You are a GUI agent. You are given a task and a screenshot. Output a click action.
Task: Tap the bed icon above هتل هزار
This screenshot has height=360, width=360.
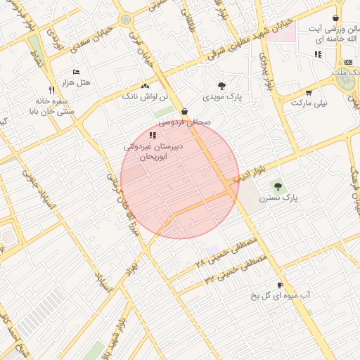[x=77, y=72]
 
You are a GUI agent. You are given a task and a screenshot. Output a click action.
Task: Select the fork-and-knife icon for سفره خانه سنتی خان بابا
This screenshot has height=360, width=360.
[x=51, y=90]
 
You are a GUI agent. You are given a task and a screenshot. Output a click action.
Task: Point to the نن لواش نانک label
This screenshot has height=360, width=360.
[x=146, y=95]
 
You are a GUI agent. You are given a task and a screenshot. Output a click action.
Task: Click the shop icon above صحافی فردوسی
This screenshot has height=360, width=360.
[x=184, y=111]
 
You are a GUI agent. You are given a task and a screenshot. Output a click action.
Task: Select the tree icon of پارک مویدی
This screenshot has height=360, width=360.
[x=223, y=84]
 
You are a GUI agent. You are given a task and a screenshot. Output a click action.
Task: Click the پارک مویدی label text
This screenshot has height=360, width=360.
[x=223, y=95]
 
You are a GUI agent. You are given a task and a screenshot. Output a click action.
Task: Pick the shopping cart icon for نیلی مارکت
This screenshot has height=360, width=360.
[x=309, y=92]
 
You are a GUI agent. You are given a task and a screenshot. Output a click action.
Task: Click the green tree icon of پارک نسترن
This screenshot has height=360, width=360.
[x=278, y=186]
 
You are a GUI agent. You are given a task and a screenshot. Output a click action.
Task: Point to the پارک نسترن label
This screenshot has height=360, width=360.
[x=278, y=198]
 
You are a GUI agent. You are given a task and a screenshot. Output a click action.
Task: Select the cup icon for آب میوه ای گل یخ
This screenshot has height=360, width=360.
[x=281, y=285]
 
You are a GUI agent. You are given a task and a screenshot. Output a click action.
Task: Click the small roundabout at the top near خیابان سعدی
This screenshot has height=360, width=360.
[x=126, y=20]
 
